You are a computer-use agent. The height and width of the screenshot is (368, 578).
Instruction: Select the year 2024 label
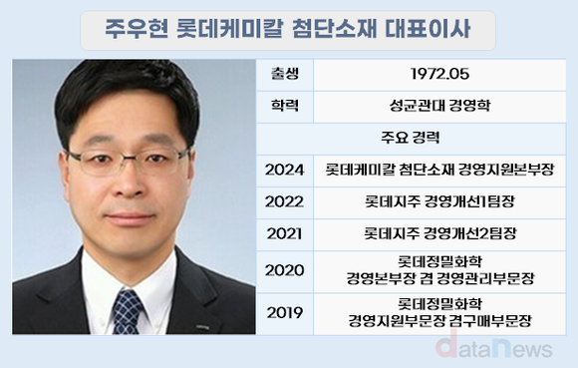[x=284, y=170]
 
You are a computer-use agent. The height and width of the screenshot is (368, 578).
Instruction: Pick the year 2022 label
[x=284, y=201]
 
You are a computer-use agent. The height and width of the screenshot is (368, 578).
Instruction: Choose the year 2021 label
[x=284, y=235]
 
